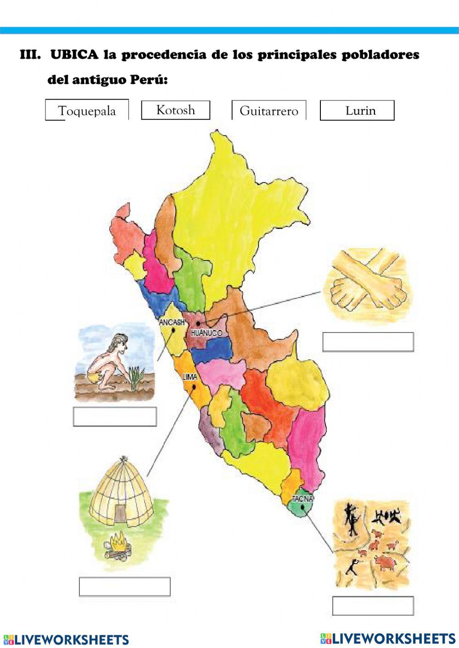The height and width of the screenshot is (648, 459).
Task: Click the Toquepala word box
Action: click(x=87, y=111)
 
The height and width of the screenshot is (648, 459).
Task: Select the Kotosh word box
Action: click(x=175, y=110)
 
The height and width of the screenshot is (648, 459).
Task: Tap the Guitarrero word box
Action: click(x=269, y=111)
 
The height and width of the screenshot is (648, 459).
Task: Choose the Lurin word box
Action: click(x=357, y=111)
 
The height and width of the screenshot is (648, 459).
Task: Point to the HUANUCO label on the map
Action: click(x=207, y=332)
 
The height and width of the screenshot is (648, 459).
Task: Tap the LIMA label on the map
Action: click(x=190, y=377)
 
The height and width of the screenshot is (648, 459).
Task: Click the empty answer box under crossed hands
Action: click(x=368, y=342)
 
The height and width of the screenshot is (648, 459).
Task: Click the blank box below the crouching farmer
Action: click(x=115, y=417)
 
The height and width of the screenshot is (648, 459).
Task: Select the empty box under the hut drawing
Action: click(x=124, y=586)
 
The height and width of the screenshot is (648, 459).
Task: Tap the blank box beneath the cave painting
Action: click(x=373, y=605)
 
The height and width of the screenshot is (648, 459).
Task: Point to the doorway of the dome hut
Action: click(x=120, y=513)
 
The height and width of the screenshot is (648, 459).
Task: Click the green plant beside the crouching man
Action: click(x=136, y=378)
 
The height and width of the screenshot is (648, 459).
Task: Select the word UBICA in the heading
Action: click(x=74, y=55)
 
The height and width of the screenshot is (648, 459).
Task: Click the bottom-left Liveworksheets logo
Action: click(x=66, y=639)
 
